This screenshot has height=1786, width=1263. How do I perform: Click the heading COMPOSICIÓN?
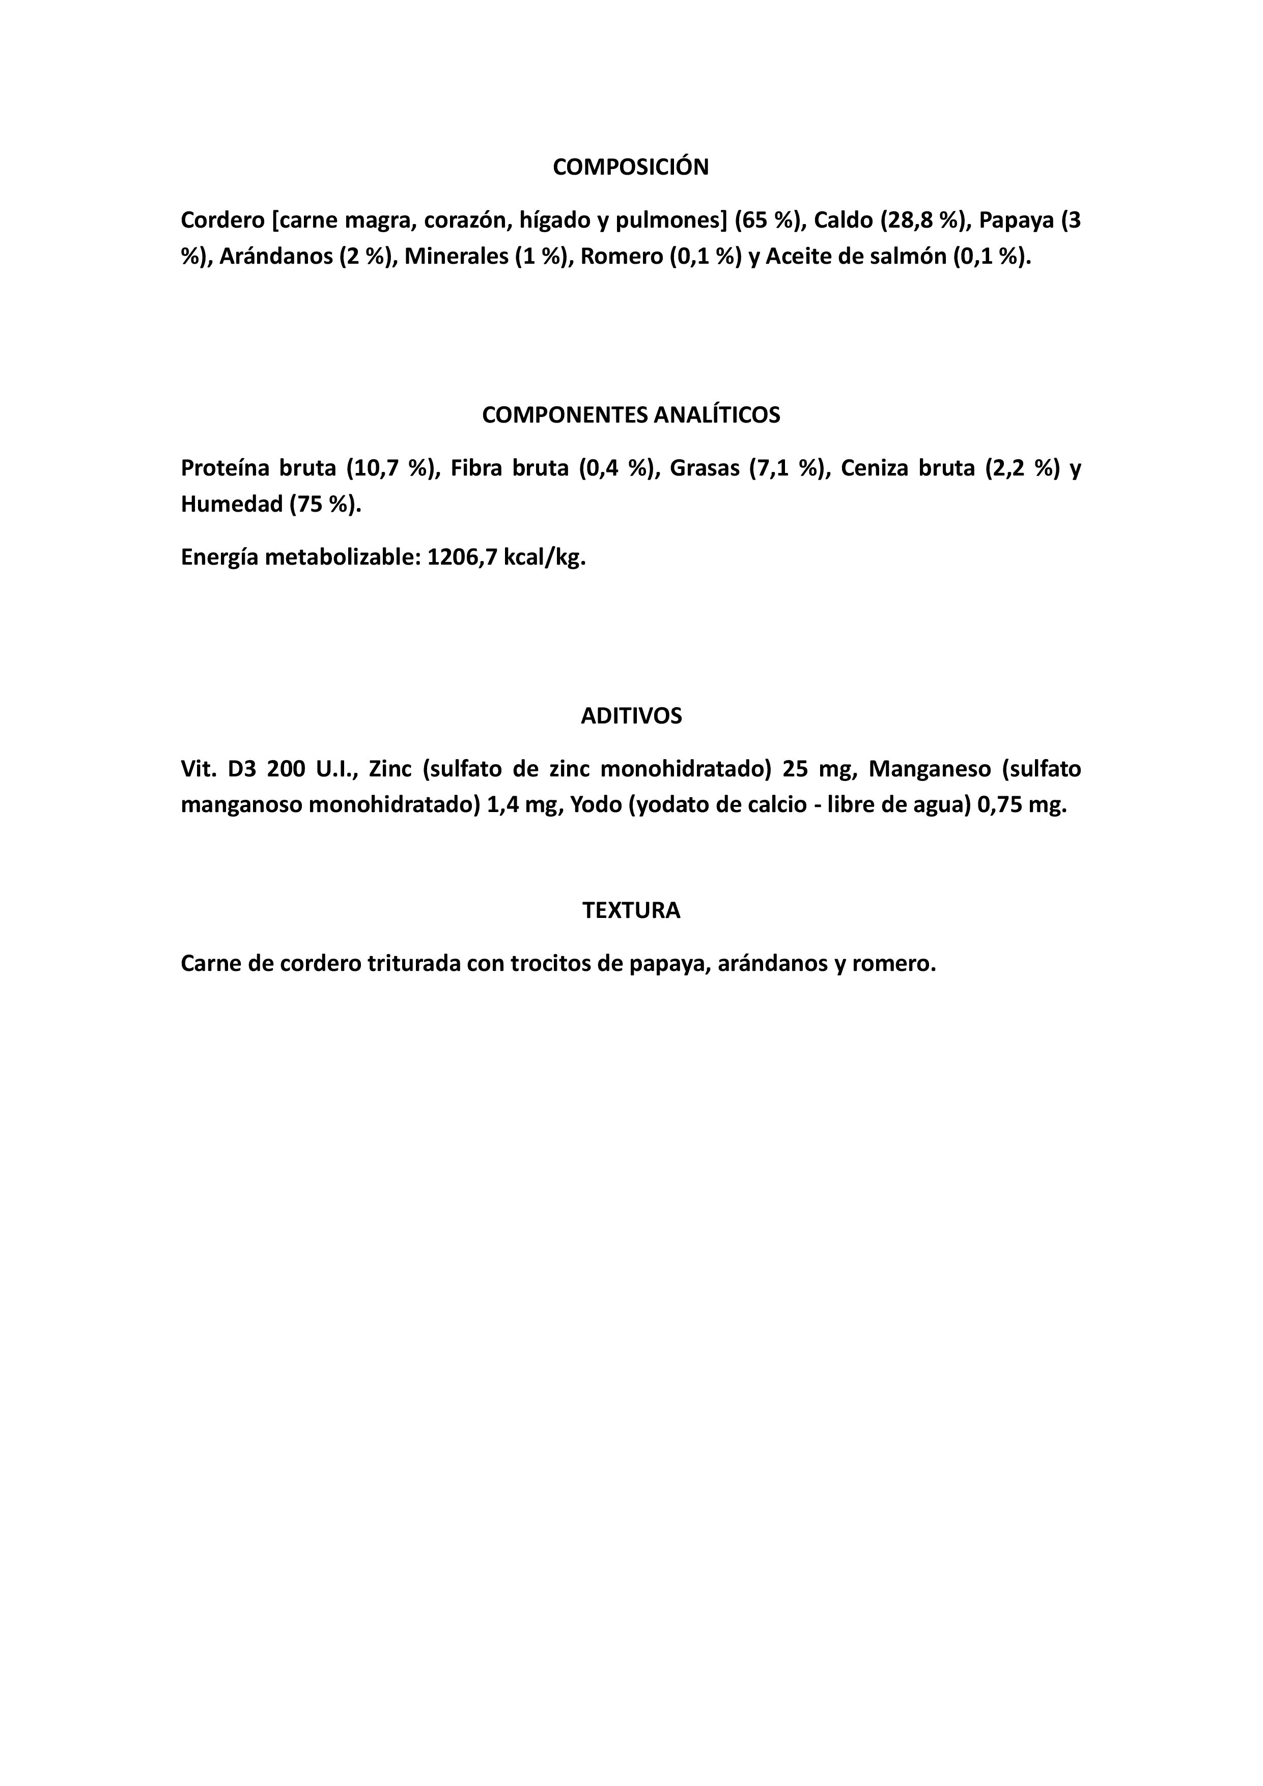[x=631, y=167]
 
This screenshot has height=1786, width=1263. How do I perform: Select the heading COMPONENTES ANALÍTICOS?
[x=631, y=415]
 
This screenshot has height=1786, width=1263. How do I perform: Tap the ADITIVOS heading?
[x=631, y=716]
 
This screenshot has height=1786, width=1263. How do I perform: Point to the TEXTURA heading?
[x=631, y=911]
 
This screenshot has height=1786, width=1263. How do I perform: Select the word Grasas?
[x=704, y=469]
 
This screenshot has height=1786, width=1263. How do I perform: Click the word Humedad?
[x=231, y=505]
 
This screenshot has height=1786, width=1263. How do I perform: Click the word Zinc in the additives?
[x=390, y=769]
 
